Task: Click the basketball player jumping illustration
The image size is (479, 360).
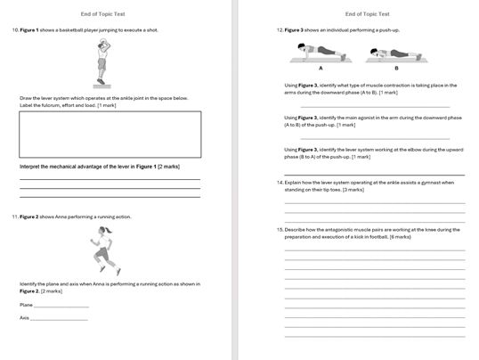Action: [102, 64]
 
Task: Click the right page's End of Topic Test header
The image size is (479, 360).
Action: [367, 13]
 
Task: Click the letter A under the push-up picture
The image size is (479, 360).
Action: [320, 69]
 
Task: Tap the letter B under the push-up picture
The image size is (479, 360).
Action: [395, 69]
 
